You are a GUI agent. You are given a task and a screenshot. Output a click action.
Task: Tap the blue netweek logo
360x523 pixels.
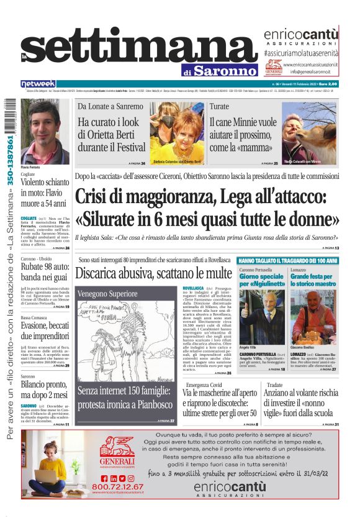click(38, 84)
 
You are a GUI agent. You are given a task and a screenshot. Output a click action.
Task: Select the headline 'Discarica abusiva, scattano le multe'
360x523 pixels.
click(153, 273)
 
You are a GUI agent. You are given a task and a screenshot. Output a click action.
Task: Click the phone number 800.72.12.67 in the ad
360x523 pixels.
click(117, 486)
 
